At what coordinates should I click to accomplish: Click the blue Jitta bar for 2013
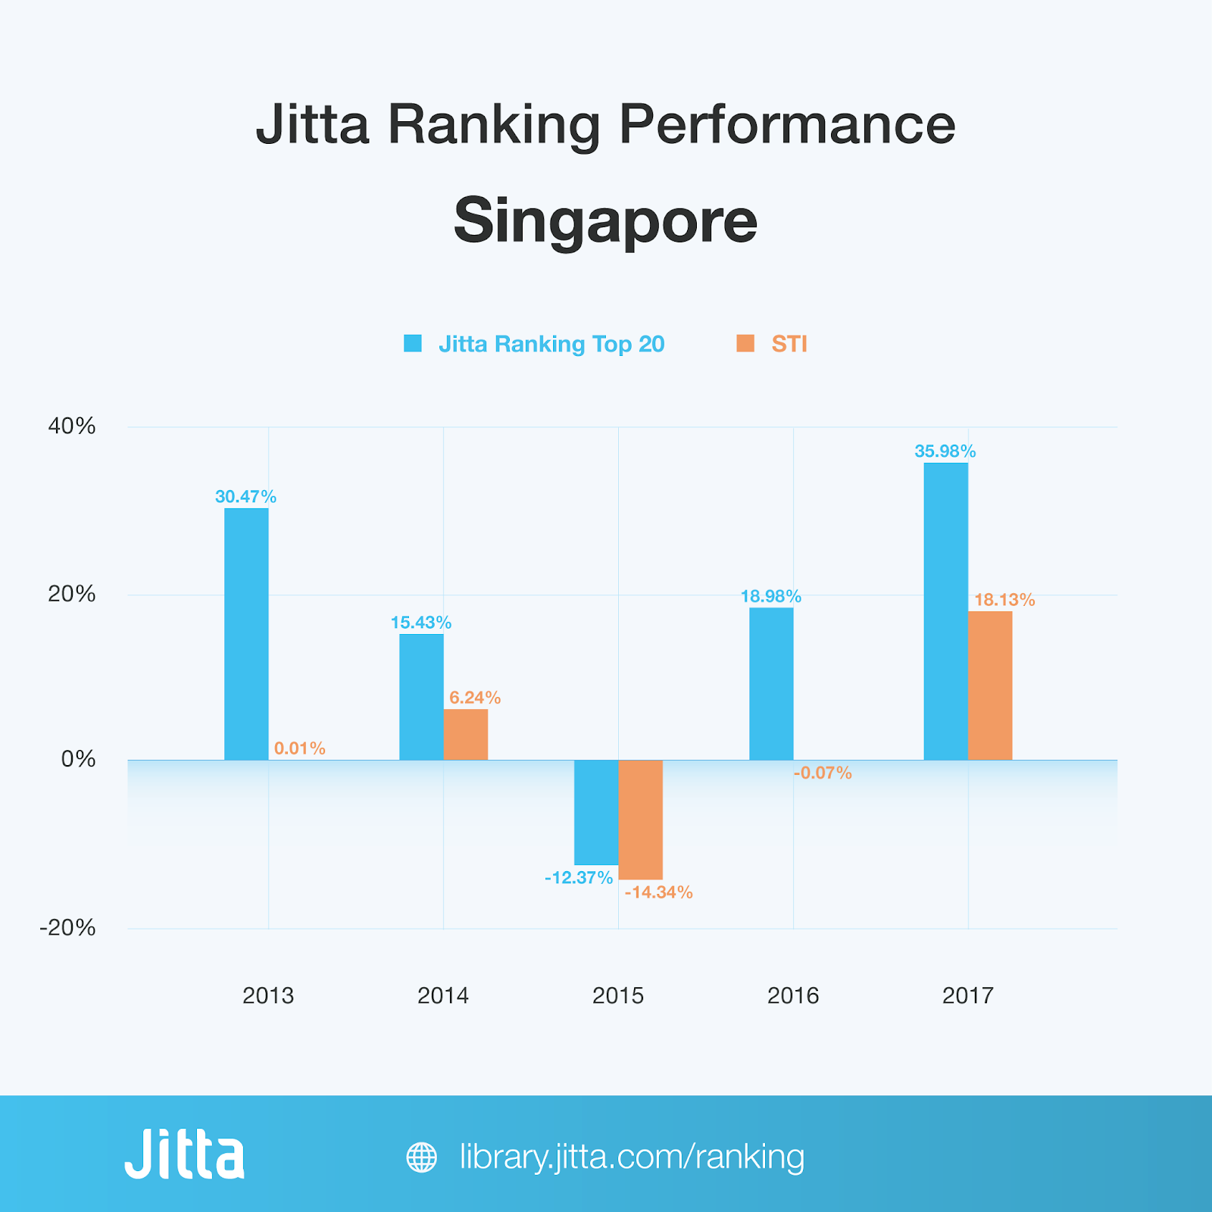[246, 634]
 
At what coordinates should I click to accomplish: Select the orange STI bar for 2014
[466, 735]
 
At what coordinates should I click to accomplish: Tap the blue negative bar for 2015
[596, 812]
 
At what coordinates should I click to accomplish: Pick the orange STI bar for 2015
[641, 820]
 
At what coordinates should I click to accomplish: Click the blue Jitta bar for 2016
[771, 684]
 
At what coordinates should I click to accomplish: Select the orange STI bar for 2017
[990, 686]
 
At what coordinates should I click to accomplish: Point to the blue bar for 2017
[945, 611]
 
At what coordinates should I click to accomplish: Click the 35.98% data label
[945, 451]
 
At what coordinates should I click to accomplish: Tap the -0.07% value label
[823, 773]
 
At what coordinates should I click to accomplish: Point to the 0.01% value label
[300, 748]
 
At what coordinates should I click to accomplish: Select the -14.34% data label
[658, 892]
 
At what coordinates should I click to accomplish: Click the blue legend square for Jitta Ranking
[413, 344]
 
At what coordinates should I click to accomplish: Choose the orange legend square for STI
[745, 344]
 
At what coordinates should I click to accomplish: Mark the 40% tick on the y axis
[72, 426]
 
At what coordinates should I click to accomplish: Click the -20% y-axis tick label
[68, 928]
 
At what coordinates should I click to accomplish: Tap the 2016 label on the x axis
[793, 995]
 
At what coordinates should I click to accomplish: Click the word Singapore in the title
[605, 221]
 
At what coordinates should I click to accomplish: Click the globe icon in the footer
[422, 1157]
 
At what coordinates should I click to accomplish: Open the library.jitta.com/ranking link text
[633, 1157]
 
